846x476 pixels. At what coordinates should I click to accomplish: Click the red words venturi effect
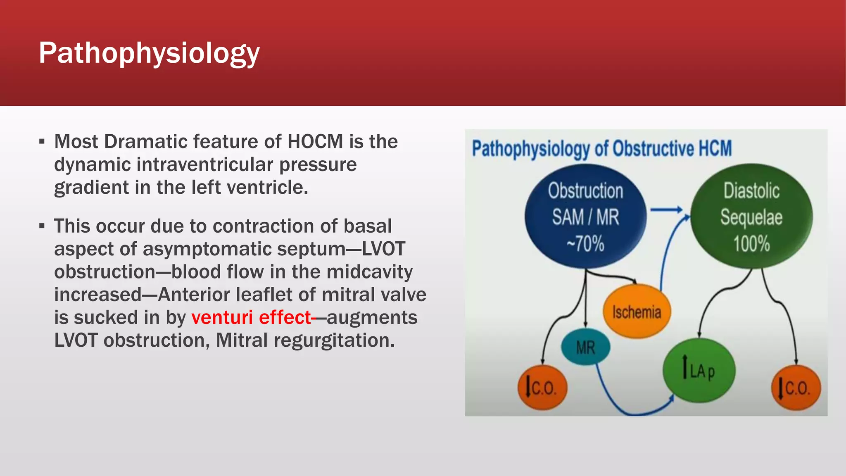point(251,318)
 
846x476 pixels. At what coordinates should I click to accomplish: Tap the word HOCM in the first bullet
point(315,142)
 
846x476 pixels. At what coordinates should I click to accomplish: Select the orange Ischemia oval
point(637,312)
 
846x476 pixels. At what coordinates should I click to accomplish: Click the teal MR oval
point(585,347)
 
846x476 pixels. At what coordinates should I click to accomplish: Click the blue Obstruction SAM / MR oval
point(585,217)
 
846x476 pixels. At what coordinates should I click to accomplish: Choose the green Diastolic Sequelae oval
point(751,217)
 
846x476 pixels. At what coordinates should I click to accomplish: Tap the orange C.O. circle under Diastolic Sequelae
point(796,388)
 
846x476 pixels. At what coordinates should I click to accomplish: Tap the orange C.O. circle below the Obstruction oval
point(542,388)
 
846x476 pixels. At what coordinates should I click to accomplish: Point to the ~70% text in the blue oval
point(585,244)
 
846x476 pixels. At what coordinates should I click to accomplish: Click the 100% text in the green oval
point(751,244)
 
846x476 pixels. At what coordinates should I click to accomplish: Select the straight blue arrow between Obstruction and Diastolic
point(666,210)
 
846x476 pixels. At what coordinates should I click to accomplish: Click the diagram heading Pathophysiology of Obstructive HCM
point(601,149)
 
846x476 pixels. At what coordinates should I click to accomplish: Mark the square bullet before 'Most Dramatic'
point(42,142)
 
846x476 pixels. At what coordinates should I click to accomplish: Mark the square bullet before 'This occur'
point(42,226)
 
